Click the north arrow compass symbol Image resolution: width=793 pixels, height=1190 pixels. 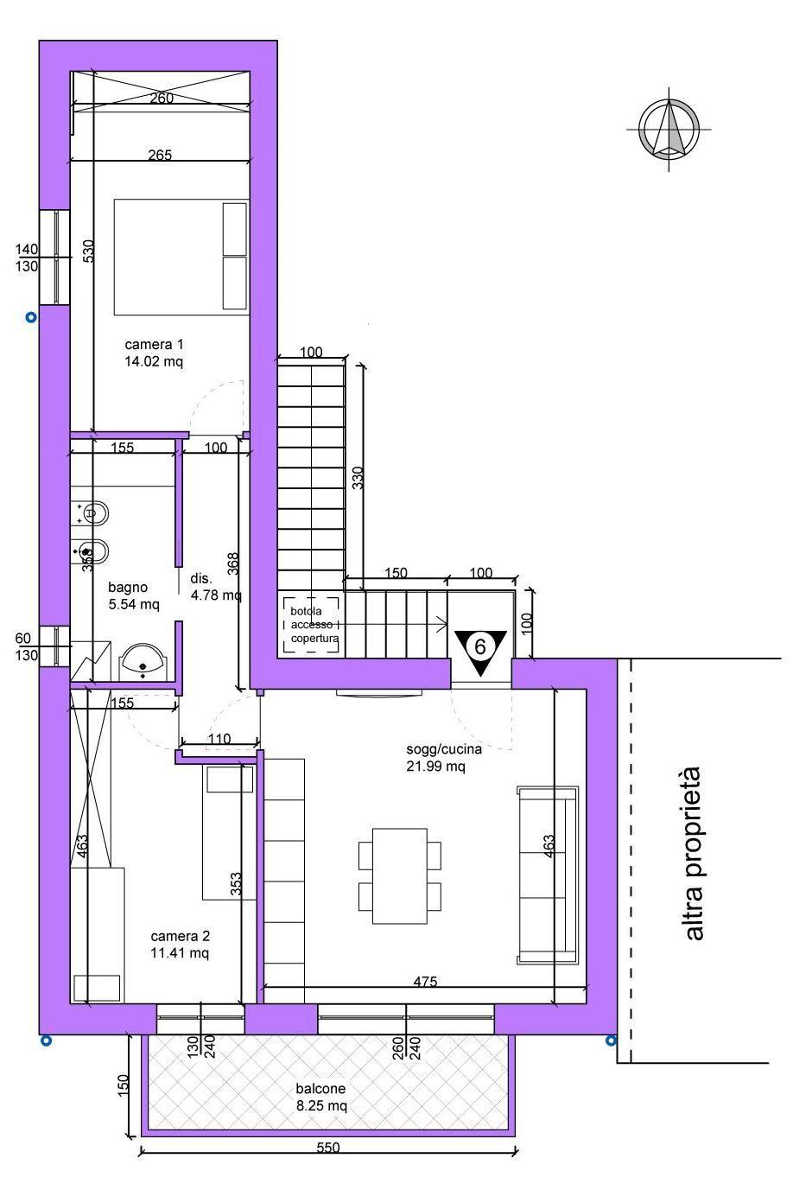tap(669, 129)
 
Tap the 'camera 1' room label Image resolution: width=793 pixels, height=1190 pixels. tap(154, 344)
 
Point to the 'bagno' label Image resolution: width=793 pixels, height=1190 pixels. tap(128, 588)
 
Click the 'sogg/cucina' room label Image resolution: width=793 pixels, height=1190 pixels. tap(444, 749)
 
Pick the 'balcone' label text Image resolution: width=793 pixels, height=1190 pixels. tap(320, 1089)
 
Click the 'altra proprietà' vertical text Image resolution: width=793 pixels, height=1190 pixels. tap(694, 854)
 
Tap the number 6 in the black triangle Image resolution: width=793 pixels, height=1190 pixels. tap(480, 646)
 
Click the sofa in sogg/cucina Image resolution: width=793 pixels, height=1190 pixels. tap(548, 875)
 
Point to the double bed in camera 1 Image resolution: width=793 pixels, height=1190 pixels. tap(181, 258)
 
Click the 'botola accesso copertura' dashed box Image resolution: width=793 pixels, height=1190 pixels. tap(311, 625)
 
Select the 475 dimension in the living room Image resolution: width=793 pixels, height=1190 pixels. tap(426, 981)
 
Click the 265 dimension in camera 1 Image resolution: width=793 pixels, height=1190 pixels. tap(160, 155)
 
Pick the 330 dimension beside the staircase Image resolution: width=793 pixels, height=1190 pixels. tap(358, 478)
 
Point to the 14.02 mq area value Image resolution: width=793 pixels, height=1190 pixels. tap(154, 361)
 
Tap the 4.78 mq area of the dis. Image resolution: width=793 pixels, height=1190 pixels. tap(216, 595)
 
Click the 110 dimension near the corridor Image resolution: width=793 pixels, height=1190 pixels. tap(219, 738)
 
